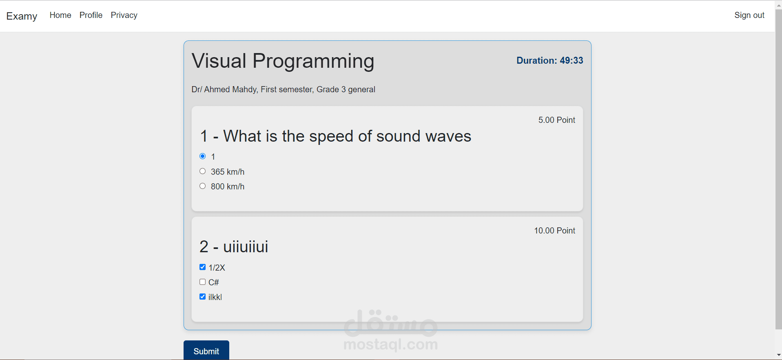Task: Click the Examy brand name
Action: tap(22, 16)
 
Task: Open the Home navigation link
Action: tap(60, 15)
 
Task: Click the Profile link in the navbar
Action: tap(91, 15)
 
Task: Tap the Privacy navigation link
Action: tap(124, 15)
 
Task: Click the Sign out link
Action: tap(749, 15)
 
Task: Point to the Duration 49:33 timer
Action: tap(550, 60)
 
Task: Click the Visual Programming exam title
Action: tap(283, 61)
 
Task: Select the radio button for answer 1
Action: tap(202, 156)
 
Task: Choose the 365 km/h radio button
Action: tap(202, 171)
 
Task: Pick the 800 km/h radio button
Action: tap(202, 186)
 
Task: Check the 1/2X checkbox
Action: tap(202, 267)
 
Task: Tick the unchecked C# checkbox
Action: tap(202, 282)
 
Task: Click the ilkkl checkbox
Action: tap(202, 297)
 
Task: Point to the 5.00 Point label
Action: tap(557, 120)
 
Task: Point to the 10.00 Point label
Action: tap(555, 231)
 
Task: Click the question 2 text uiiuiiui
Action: tap(246, 247)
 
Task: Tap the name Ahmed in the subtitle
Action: tap(217, 89)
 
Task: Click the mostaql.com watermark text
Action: tap(391, 344)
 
